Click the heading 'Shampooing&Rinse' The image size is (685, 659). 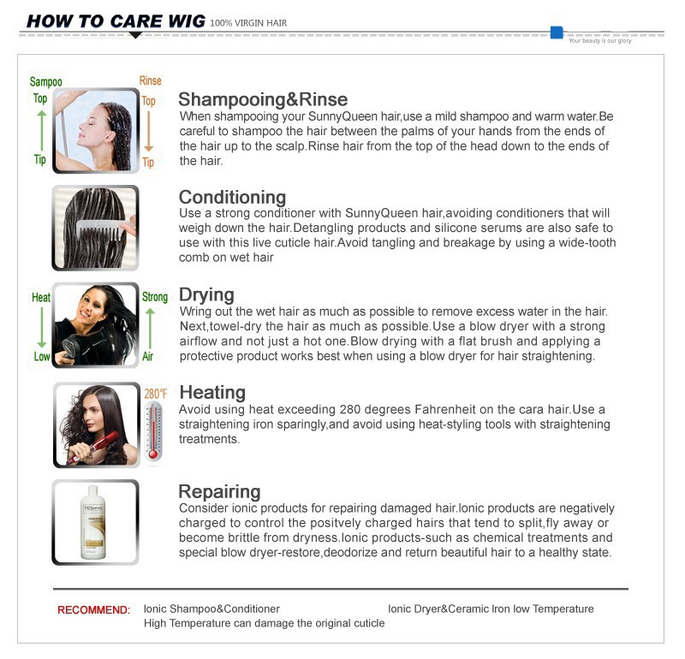coord(262,99)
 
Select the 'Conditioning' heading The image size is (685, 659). coord(232,198)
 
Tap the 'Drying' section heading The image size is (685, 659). coord(206,294)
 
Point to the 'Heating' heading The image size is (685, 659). coord(211,392)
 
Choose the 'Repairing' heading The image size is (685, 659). coord(219,491)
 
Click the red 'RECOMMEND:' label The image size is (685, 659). coord(93,610)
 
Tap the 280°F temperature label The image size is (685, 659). coord(155,393)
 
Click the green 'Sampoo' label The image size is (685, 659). coord(45,82)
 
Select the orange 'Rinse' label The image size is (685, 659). coord(150,81)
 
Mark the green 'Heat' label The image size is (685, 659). coord(41,298)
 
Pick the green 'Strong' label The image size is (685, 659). coord(155,298)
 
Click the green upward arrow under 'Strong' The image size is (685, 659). coord(151,328)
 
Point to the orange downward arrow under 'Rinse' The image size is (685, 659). coord(148,131)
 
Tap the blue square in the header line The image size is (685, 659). coord(557,33)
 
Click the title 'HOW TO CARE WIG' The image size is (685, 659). coord(116,21)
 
